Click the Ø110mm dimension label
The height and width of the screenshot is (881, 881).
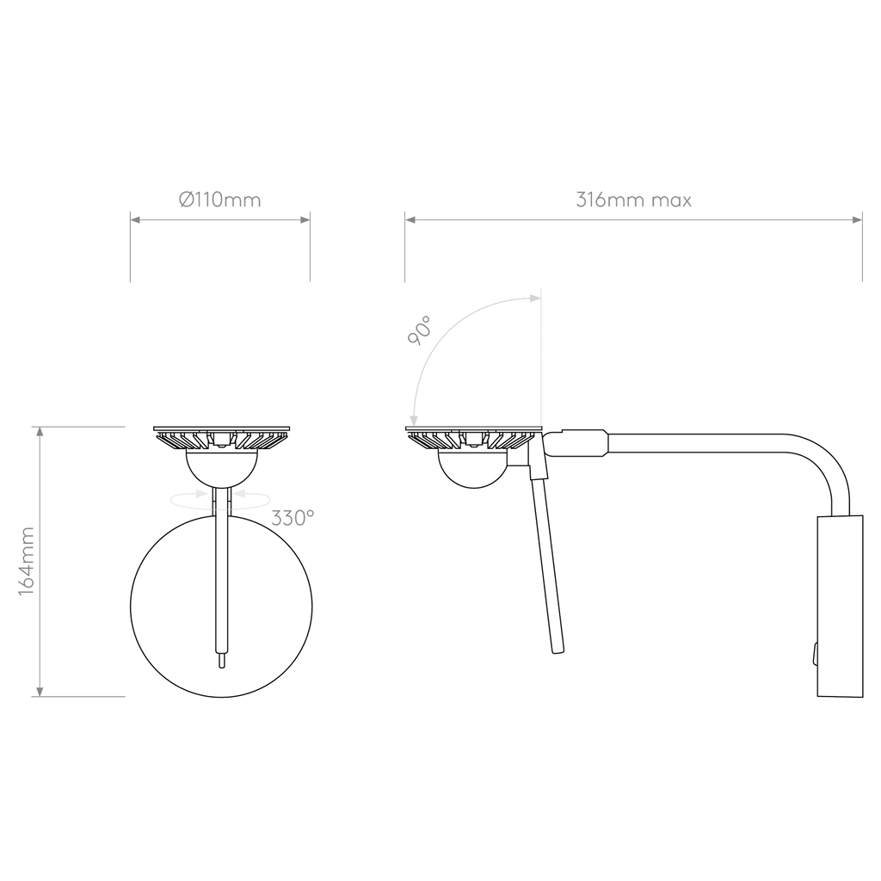coord(220,200)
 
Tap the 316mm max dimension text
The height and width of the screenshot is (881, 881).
coord(634,200)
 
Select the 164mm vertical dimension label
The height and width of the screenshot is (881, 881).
coord(27,561)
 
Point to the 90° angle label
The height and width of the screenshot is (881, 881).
coord(420,330)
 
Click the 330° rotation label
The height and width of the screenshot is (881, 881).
coord(293,517)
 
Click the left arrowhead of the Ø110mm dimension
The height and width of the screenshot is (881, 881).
coord(135,219)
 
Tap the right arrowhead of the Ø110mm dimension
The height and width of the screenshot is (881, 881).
coord(305,219)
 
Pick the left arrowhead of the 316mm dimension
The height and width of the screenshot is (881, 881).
coord(410,219)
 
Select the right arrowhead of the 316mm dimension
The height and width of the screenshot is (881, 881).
coord(858,219)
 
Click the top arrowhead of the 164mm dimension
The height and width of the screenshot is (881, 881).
coord(40,432)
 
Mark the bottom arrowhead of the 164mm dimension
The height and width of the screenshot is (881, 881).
coord(40,692)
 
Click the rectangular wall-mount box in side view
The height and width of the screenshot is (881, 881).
coord(840,607)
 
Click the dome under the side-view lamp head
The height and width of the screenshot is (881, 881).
coord(473,471)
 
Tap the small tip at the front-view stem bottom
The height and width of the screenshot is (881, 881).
coord(221,661)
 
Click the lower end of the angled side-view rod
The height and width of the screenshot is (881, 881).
coord(558,649)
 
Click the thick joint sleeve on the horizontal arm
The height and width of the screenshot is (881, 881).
coord(584,443)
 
